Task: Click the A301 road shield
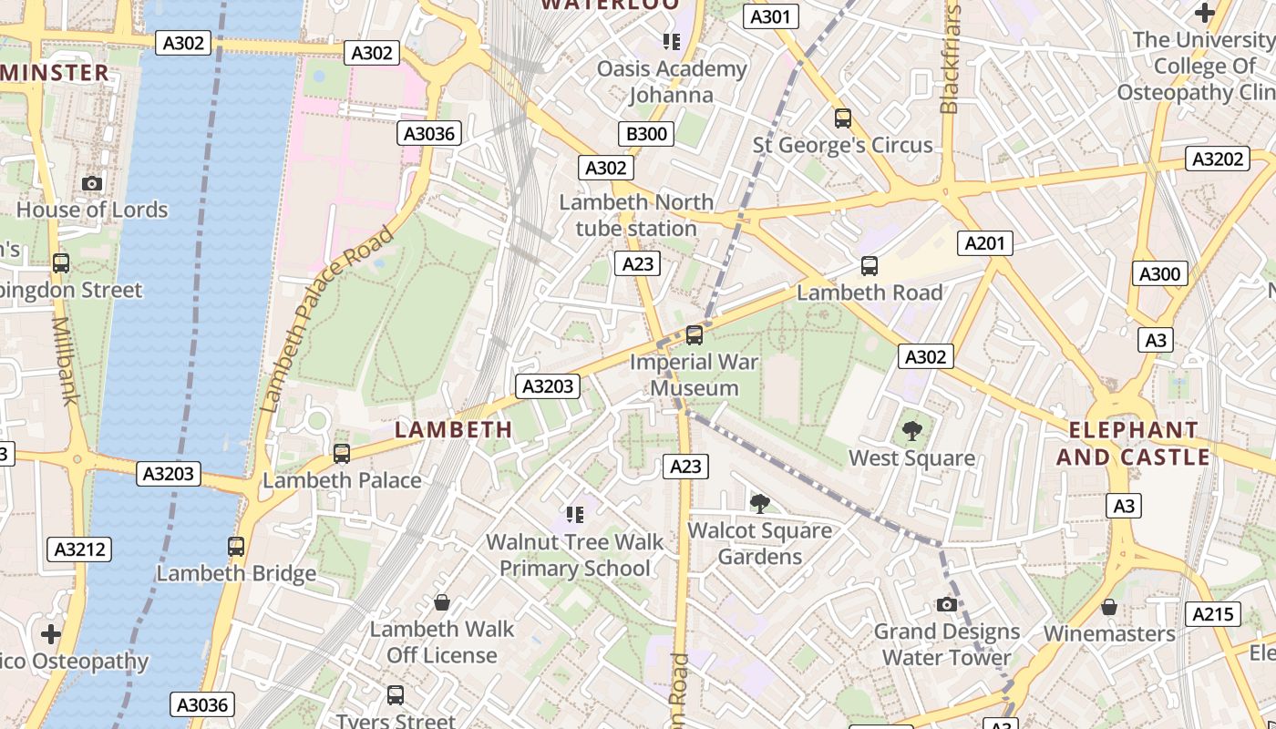pyautogui.click(x=771, y=16)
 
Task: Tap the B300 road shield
pyautogui.click(x=646, y=134)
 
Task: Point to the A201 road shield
pyautogui.click(x=985, y=242)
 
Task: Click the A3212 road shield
pyautogui.click(x=79, y=549)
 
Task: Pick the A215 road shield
pyautogui.click(x=1213, y=614)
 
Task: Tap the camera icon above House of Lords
pyautogui.click(x=91, y=183)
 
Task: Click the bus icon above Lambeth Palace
pyautogui.click(x=342, y=453)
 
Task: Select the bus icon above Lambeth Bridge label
pyautogui.click(x=236, y=547)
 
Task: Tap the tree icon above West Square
pyautogui.click(x=911, y=431)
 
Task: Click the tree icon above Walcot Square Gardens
pyautogui.click(x=759, y=504)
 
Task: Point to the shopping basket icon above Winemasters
pyautogui.click(x=1109, y=606)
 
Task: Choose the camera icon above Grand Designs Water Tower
pyautogui.click(x=947, y=604)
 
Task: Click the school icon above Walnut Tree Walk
pyautogui.click(x=574, y=515)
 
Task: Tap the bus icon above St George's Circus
pyautogui.click(x=843, y=118)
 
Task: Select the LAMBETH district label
pyautogui.click(x=453, y=429)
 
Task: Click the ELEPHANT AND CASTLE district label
pyautogui.click(x=1133, y=443)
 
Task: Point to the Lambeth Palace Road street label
pyautogui.click(x=327, y=319)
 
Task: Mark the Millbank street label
pyautogui.click(x=65, y=361)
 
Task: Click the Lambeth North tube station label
pyautogui.click(x=636, y=215)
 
